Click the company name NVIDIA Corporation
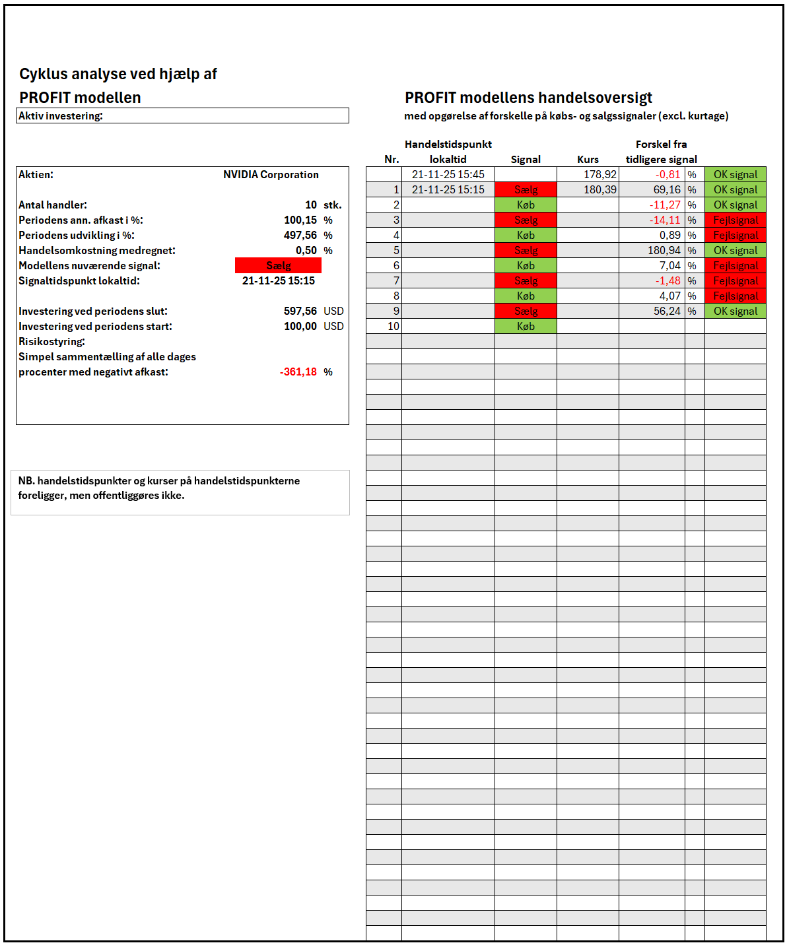pos(271,175)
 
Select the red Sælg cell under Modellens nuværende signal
pos(278,265)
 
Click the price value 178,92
pos(599,175)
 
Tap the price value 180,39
pos(599,190)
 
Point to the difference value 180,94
pos(664,251)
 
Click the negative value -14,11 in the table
pos(664,220)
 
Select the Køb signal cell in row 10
pos(526,327)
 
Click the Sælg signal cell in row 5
pos(526,251)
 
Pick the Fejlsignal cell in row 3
pos(735,220)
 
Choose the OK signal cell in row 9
pos(735,311)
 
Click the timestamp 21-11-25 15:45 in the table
pos(448,175)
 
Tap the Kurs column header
pos(588,160)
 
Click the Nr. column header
pos(392,160)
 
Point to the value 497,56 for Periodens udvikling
pos(300,236)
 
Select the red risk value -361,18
pos(298,372)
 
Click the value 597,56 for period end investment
pos(300,311)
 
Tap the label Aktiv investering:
pos(61,116)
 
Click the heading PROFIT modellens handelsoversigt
pos(528,98)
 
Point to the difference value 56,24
pos(666,311)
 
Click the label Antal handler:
pos(53,205)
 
